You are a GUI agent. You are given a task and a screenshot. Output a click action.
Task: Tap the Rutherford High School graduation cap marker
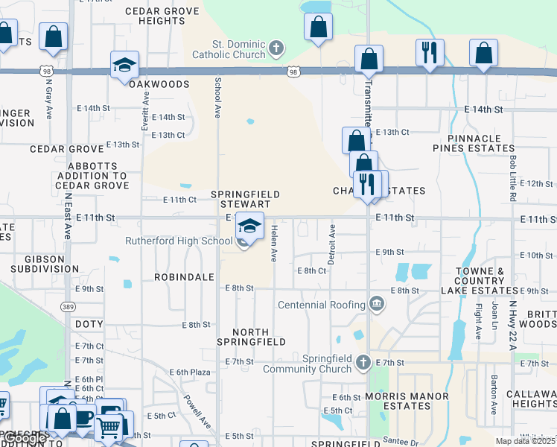point(250,225)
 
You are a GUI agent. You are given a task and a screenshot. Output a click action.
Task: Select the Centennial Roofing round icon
point(377,304)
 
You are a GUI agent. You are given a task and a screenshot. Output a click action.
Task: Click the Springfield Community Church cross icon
point(363,363)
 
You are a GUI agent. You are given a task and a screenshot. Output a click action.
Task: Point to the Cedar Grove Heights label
point(162,16)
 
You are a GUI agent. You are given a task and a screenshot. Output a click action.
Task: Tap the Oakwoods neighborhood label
point(159,84)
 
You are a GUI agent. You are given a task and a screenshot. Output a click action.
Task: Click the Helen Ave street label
point(273,244)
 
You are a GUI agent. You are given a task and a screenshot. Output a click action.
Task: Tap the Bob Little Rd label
point(513,179)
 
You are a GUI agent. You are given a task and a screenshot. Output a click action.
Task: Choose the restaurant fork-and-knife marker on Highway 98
point(429,53)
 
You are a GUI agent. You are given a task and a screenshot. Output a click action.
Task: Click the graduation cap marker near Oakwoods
point(124,65)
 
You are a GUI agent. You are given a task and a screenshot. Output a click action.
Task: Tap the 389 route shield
point(68,306)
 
